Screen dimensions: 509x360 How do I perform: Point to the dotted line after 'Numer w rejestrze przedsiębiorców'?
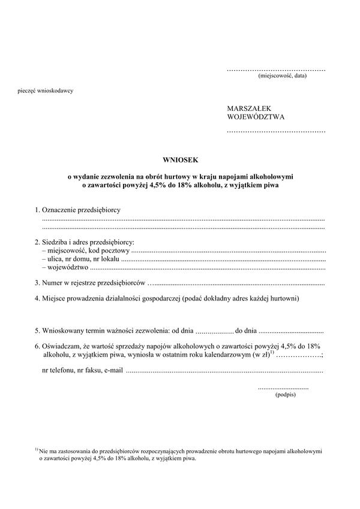[236, 282]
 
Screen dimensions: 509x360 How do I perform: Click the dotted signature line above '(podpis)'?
[283, 388]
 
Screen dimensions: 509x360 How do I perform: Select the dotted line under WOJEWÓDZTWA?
[276, 130]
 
